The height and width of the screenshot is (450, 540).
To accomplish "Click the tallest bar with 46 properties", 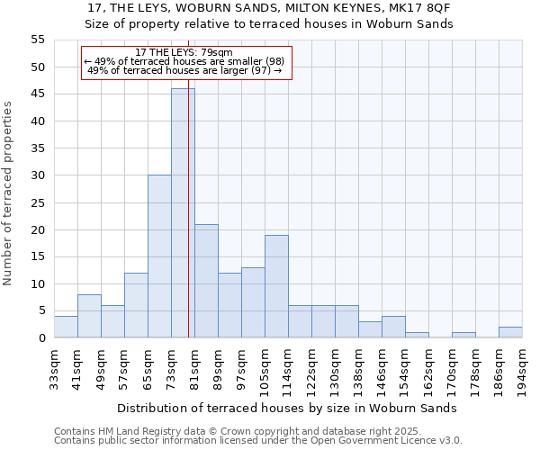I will point(183,213).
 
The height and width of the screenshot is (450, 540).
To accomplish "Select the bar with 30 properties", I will point(159,256).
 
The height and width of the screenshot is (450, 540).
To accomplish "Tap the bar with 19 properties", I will point(276,286).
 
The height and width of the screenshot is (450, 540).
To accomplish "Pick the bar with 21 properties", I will point(206,281).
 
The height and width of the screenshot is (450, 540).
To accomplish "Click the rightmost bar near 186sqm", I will point(510,332).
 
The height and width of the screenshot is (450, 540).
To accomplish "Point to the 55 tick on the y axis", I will point(37,40).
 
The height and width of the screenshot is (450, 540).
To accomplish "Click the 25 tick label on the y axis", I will point(37,202).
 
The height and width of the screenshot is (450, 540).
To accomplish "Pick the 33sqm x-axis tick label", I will point(54,367).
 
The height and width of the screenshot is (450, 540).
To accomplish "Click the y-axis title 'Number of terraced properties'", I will point(8,193).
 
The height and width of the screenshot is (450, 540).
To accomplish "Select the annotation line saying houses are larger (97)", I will point(184,70).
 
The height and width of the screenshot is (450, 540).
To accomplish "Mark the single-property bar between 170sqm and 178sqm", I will point(463,335).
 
